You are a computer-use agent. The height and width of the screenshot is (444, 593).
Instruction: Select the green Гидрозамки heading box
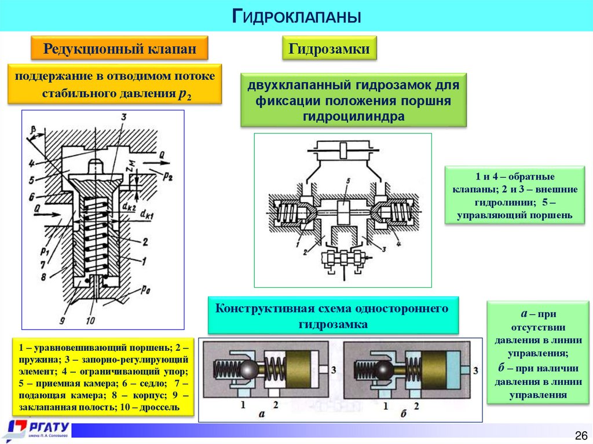click(x=329, y=49)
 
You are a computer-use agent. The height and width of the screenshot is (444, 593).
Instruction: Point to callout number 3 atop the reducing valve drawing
click(x=123, y=117)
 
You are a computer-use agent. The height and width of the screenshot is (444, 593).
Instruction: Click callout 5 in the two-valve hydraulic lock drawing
click(x=347, y=182)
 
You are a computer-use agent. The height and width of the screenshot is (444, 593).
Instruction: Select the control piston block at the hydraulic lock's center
click(x=344, y=212)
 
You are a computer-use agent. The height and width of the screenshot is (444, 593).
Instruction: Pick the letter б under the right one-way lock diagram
click(x=402, y=413)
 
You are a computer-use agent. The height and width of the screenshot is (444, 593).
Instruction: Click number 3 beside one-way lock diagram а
click(x=333, y=369)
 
